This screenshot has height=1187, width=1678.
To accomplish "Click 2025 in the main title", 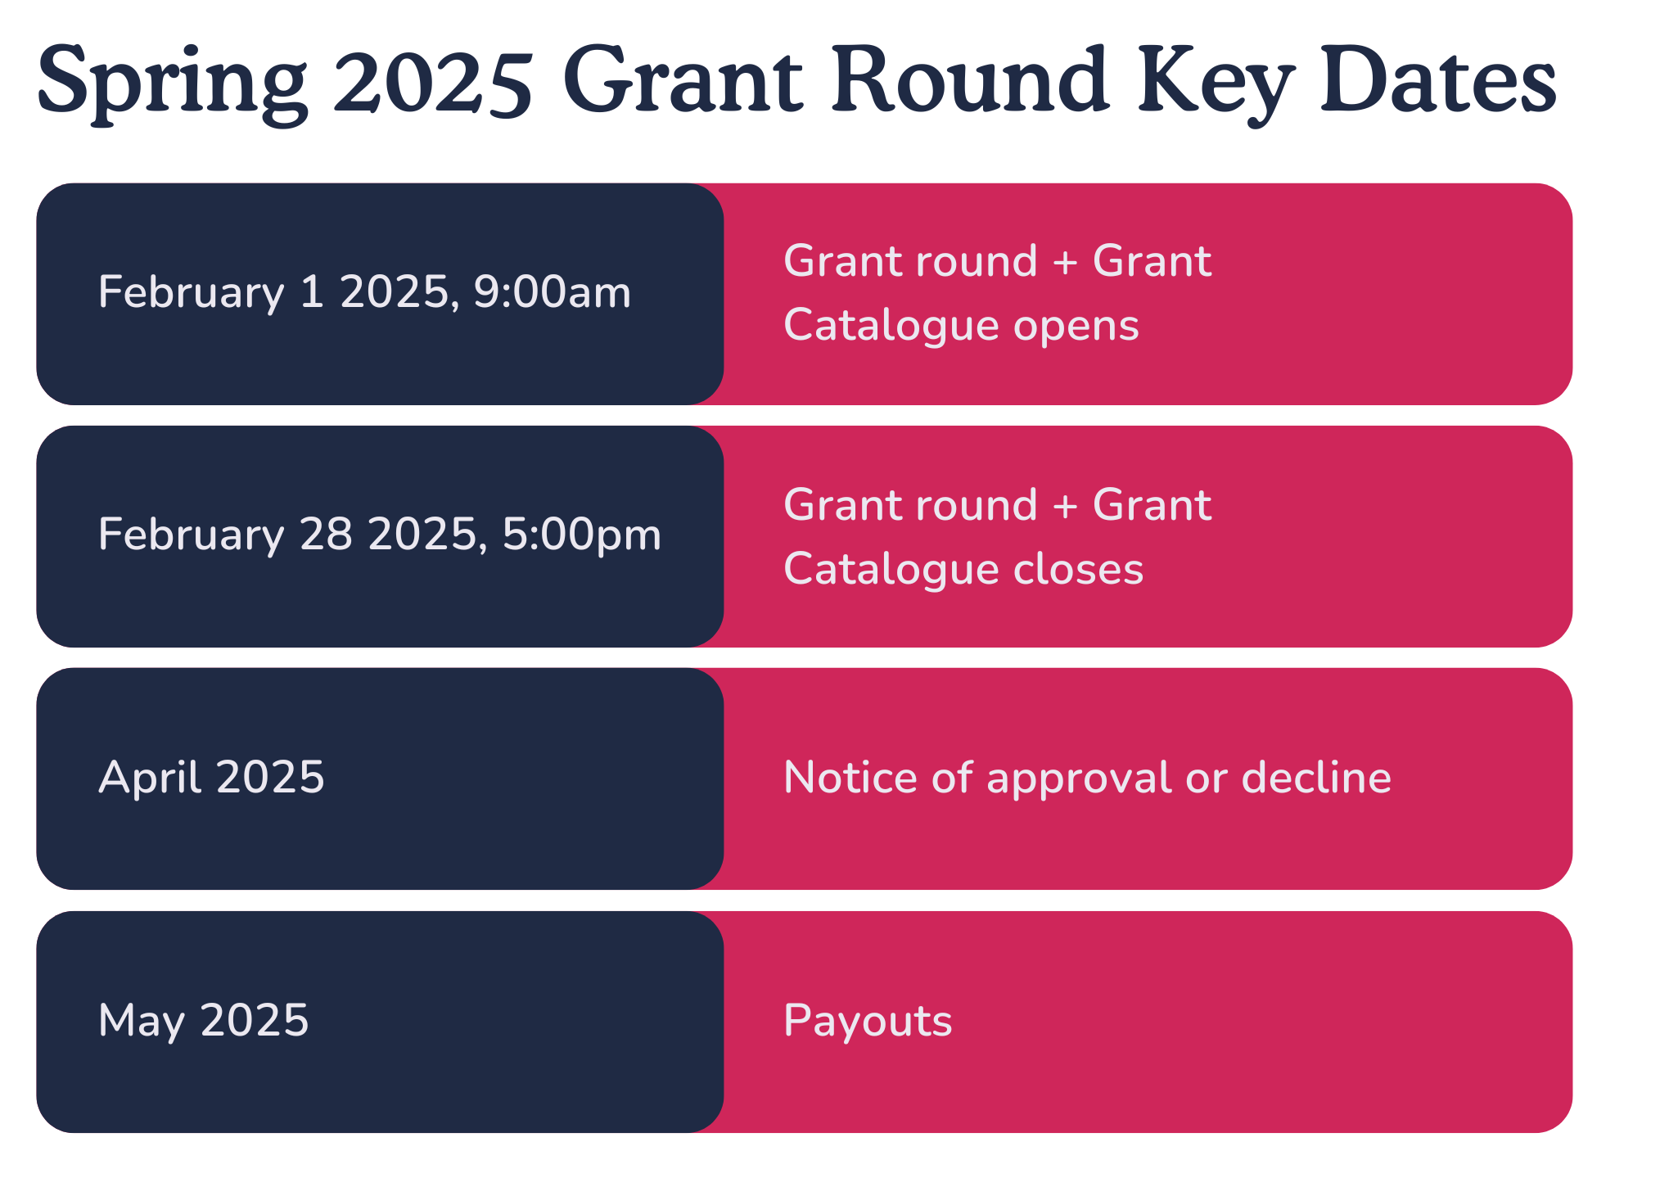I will (x=433, y=83).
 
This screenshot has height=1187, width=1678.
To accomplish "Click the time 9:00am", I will (x=553, y=292).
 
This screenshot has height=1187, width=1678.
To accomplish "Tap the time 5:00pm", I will (x=581, y=535).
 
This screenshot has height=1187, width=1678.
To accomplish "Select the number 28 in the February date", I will (x=326, y=535).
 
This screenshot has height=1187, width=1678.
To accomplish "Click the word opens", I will (x=1076, y=327).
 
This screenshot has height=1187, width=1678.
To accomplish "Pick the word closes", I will (x=1078, y=570).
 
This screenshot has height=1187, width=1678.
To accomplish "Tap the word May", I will (x=141, y=1022).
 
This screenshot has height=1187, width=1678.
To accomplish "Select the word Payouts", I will (x=868, y=1022).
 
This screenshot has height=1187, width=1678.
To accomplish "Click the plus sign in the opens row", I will (x=1065, y=262).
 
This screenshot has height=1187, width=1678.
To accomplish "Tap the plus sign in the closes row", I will (x=1065, y=505).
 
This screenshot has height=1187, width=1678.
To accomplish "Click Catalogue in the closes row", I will (x=891, y=570).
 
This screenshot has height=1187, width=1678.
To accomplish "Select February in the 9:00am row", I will (x=191, y=293).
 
